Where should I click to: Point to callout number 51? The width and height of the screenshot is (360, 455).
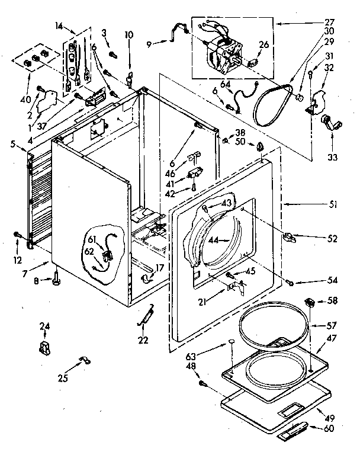pyautogui.click(x=333, y=205)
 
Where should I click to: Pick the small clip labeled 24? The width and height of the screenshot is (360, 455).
pyautogui.click(x=44, y=347)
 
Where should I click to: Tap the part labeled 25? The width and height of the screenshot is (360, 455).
pyautogui.click(x=85, y=359)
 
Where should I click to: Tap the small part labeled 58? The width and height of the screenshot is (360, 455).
pyautogui.click(x=310, y=303)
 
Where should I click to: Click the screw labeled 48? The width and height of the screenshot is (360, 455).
pyautogui.click(x=205, y=384)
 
